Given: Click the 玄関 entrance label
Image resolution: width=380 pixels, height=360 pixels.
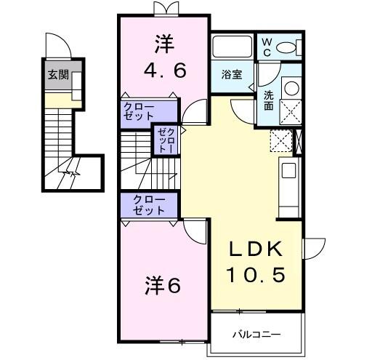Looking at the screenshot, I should pyautogui.click(x=58, y=74).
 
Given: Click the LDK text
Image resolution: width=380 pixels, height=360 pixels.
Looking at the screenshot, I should pyautogui.click(x=254, y=249).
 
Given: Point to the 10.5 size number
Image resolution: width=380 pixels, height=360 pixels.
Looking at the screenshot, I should pyautogui.click(x=254, y=276).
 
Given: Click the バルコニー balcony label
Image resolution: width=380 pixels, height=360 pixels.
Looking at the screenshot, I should pyautogui.click(x=256, y=335).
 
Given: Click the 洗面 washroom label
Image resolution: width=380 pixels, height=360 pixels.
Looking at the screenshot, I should pyautogui.click(x=268, y=99).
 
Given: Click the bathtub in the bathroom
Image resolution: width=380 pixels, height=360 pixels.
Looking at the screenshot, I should pyautogui.click(x=232, y=47).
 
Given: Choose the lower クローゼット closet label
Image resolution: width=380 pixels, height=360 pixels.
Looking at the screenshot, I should pyautogui.click(x=148, y=205).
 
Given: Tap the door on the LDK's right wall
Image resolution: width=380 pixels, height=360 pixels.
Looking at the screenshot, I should pyautogui.click(x=314, y=251).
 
